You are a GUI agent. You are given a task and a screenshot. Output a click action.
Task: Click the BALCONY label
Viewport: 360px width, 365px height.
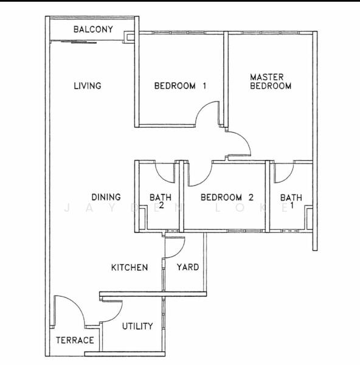93,29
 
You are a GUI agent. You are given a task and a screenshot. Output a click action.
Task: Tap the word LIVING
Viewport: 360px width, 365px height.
88,86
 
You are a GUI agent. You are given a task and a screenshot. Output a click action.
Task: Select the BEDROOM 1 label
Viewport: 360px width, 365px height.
181,86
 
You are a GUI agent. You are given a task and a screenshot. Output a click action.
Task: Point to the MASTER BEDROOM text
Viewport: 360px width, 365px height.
271,82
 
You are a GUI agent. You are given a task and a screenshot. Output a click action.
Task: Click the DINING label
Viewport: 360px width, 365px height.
106,197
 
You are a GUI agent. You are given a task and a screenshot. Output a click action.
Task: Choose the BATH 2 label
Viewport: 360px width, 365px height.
161,201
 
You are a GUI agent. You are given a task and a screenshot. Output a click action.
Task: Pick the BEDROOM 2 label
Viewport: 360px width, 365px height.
227,197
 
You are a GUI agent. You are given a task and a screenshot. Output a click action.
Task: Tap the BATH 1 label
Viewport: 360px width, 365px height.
291,201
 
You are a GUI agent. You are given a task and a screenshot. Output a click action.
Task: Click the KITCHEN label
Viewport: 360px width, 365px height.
130,268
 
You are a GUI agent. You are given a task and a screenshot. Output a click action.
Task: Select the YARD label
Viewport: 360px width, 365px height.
188,267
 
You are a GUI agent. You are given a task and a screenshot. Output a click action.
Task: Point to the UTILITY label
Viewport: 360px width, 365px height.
137,326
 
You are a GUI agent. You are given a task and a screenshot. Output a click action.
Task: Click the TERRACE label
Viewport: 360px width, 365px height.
75,340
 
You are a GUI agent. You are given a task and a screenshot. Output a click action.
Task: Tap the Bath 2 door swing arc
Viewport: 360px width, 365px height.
162,178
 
